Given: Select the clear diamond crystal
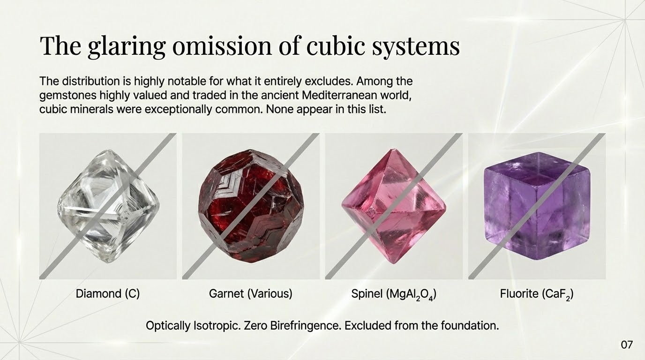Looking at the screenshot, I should [x=108, y=206].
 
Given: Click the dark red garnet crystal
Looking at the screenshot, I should [x=251, y=206].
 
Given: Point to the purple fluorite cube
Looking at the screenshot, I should [x=537, y=206].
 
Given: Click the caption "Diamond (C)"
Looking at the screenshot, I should [x=108, y=294].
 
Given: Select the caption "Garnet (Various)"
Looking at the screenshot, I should [x=250, y=294].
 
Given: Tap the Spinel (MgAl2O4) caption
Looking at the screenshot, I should [x=394, y=294].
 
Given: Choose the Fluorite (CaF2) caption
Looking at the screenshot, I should [x=537, y=294].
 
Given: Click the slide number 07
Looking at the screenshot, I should [x=627, y=345].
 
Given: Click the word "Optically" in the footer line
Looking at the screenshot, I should [x=168, y=325].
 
